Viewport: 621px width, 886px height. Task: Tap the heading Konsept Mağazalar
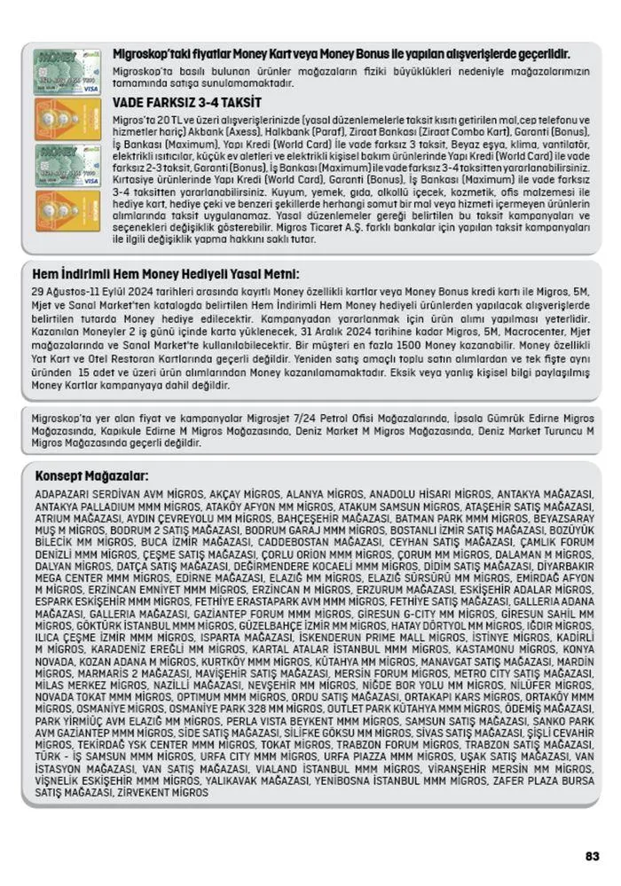[91, 475]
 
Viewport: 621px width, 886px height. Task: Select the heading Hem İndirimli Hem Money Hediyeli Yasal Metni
[165, 274]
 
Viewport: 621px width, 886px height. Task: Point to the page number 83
[593, 856]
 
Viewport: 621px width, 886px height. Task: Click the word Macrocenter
[520, 329]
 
